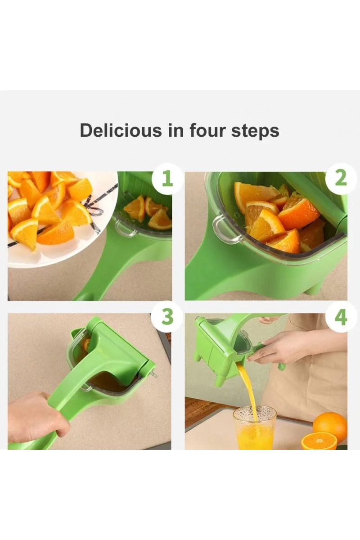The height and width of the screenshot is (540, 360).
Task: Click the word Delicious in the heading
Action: (x=121, y=130)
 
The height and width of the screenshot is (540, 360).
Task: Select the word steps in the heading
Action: (x=255, y=131)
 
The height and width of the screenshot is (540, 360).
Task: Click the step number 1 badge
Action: (x=167, y=179)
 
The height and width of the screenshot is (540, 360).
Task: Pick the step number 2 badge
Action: (x=341, y=179)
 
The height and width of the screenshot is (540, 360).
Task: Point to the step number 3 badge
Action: (x=167, y=317)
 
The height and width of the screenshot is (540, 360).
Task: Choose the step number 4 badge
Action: (x=341, y=317)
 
